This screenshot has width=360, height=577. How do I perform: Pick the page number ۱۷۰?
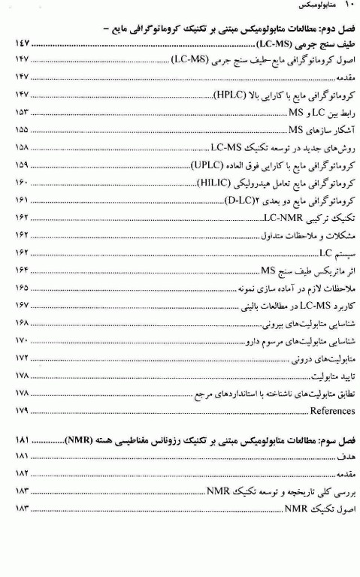click(23, 340)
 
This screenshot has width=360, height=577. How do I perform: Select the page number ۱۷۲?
click(23, 358)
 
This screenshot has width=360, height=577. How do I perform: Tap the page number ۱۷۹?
click(23, 412)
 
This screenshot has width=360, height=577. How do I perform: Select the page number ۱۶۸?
click(23, 323)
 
